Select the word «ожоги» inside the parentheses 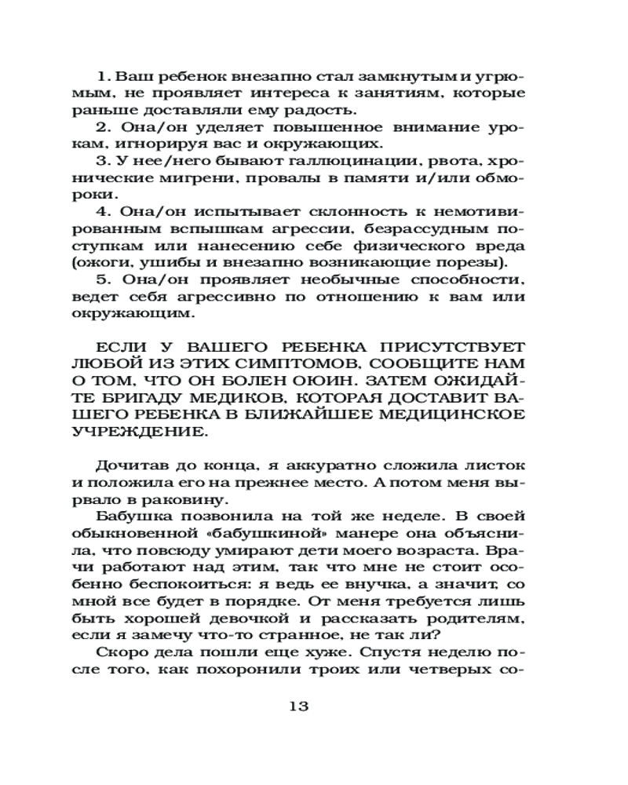pos(122,262)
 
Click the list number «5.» pos(102,280)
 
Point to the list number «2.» pos(102,127)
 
